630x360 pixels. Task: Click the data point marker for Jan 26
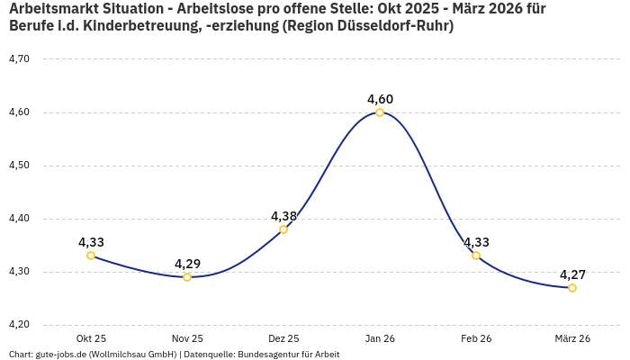tap(380, 112)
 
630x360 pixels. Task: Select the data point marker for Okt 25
tap(91, 256)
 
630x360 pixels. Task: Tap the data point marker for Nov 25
tap(187, 277)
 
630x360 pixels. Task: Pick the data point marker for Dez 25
tap(283, 229)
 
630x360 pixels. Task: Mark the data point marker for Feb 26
tap(476, 256)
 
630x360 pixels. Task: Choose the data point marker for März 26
tap(572, 288)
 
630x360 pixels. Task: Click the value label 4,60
tap(380, 99)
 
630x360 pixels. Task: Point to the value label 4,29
tap(187, 264)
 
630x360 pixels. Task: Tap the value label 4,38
tap(283, 216)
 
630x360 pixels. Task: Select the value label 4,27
tap(572, 274)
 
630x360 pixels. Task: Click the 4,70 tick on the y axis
tap(19, 59)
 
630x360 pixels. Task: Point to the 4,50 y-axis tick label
tap(19, 166)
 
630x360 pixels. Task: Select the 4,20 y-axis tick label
tap(19, 325)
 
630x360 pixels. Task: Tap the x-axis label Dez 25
tap(283, 338)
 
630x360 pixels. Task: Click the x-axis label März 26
tap(572, 338)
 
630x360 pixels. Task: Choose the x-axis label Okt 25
tap(91, 338)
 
